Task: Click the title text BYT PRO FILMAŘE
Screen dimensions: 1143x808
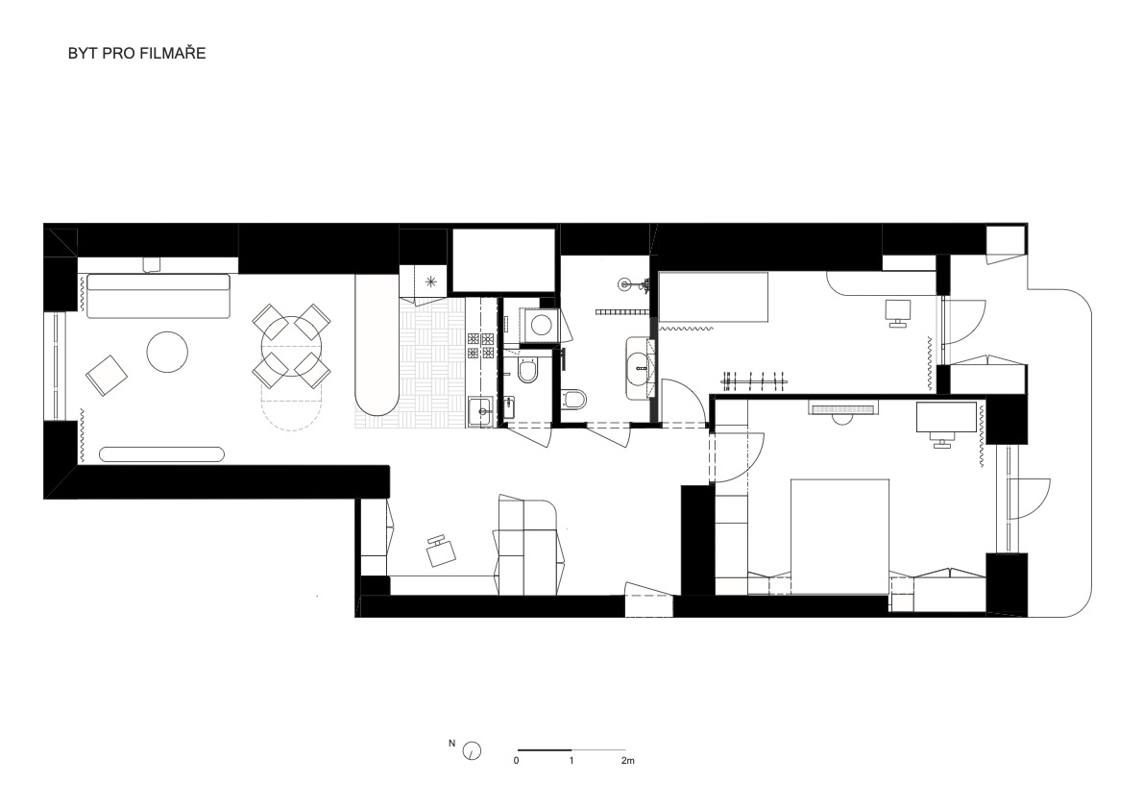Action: (x=137, y=53)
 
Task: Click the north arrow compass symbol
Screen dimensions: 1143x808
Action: (x=473, y=750)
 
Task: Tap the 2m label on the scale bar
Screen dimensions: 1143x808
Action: (x=627, y=761)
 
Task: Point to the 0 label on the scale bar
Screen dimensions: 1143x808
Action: (x=517, y=761)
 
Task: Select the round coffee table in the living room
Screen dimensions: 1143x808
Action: (x=168, y=353)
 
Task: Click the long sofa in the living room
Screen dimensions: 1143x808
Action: (x=158, y=296)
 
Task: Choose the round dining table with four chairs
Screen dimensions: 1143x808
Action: (x=292, y=347)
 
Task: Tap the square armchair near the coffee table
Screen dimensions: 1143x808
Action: (x=108, y=376)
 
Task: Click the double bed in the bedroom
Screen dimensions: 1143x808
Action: (x=839, y=537)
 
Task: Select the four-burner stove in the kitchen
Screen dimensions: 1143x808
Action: (x=481, y=346)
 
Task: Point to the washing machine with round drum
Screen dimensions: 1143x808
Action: (x=540, y=324)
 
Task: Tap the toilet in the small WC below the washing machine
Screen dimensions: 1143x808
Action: (x=527, y=372)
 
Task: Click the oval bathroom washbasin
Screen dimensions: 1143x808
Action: (x=641, y=368)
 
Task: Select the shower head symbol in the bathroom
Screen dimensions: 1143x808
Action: (x=625, y=283)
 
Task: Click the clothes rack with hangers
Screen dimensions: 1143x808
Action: (x=756, y=379)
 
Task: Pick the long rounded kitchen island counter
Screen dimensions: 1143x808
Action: (x=377, y=344)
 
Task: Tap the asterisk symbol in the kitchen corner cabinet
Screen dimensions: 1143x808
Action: (x=431, y=280)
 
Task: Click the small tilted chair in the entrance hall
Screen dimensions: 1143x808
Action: (x=440, y=551)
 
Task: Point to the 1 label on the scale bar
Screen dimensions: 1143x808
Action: (x=571, y=761)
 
